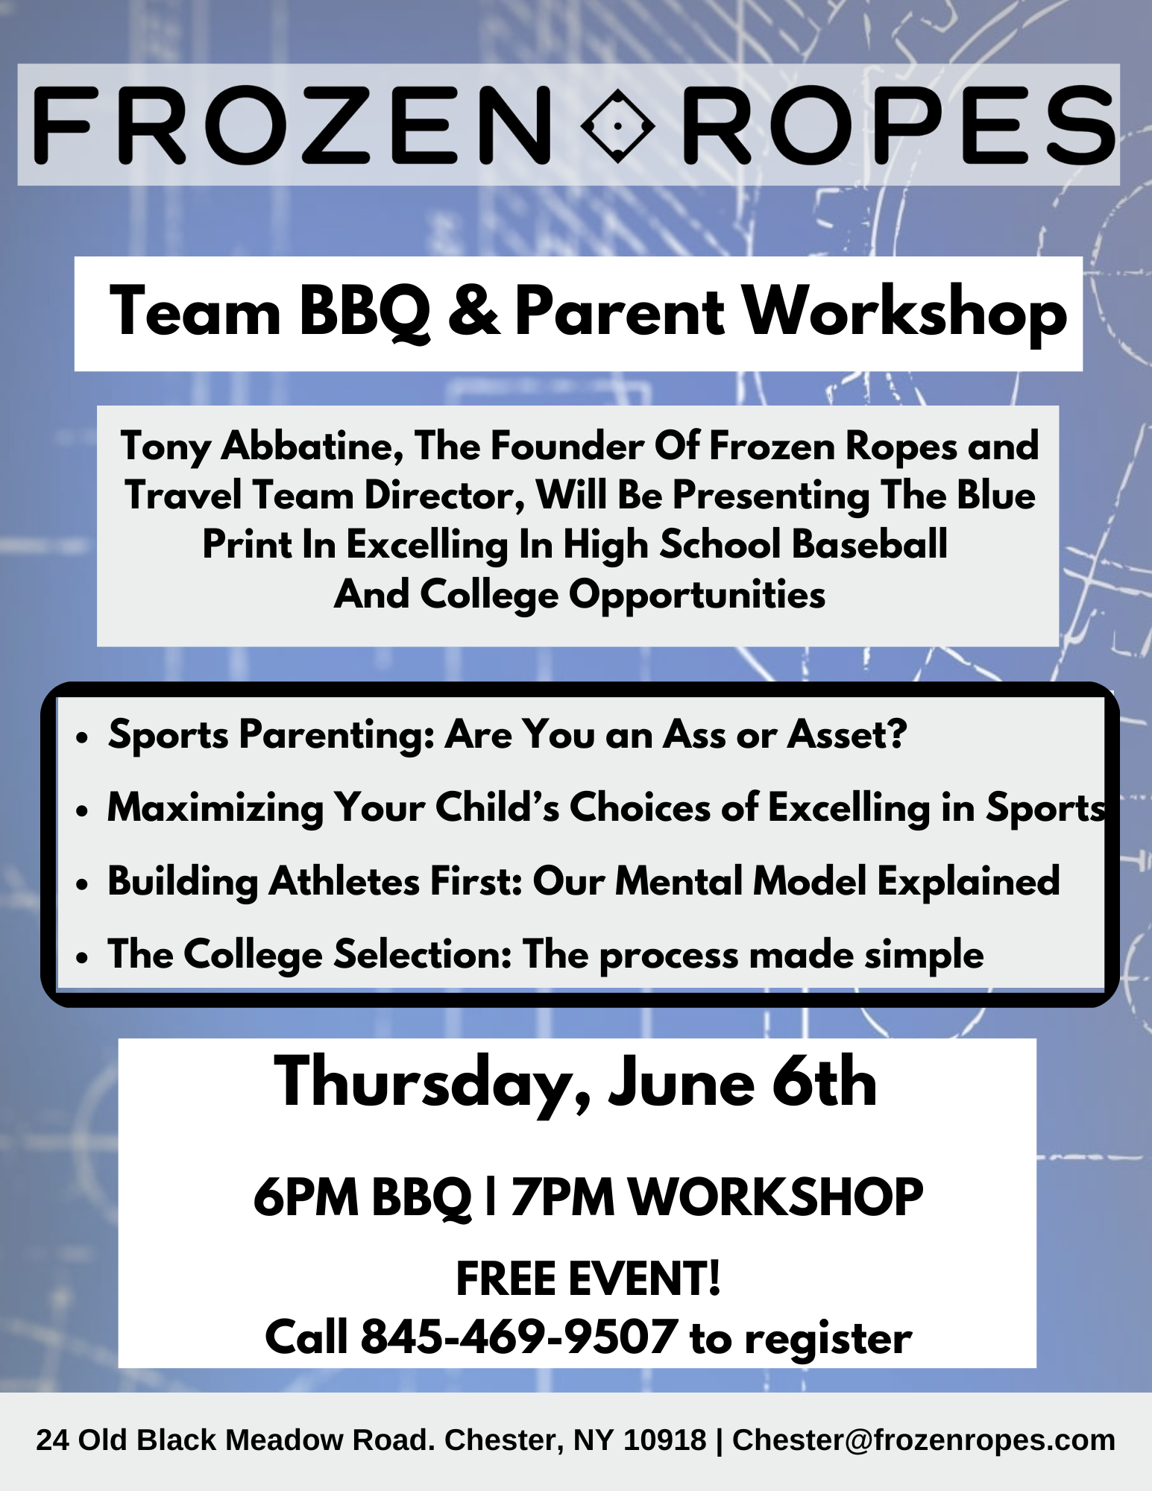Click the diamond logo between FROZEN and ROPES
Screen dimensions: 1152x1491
click(617, 125)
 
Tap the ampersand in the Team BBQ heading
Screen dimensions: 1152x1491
click(473, 311)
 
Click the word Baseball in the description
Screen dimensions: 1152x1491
click(869, 544)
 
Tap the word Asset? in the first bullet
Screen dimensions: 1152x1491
click(847, 734)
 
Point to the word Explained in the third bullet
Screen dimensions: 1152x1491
click(968, 882)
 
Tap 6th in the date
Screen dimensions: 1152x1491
click(824, 1082)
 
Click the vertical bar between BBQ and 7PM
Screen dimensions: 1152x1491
click(491, 1197)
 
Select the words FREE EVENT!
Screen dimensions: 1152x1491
click(588, 1279)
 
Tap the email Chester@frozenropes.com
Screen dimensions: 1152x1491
click(924, 1440)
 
